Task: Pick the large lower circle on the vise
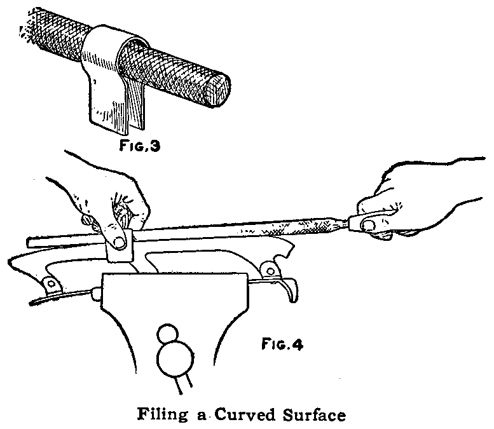click(x=174, y=362)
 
